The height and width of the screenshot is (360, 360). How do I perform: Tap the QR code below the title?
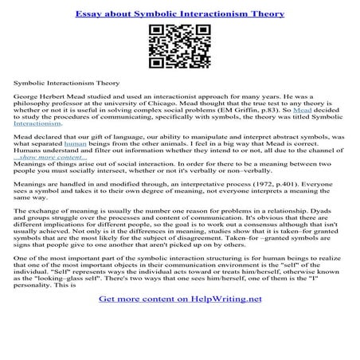[179, 48]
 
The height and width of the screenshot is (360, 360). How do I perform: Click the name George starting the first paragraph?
[26, 94]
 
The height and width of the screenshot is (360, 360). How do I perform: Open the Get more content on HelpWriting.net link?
[179, 322]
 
